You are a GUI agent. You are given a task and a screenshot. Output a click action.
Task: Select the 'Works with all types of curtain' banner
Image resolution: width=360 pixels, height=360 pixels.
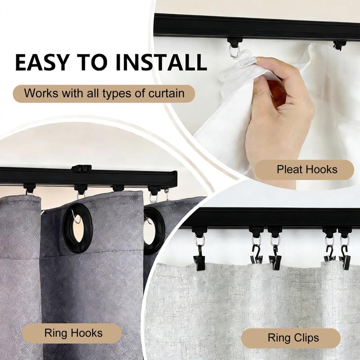(x=104, y=94)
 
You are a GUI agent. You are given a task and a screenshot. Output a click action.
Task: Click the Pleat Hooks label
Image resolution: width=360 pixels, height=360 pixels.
(x=307, y=170)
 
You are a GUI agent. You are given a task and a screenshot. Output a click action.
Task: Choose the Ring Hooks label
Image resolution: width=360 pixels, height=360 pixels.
(x=73, y=333)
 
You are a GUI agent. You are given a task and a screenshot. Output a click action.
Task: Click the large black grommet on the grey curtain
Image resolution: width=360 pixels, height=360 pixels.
(x=77, y=227)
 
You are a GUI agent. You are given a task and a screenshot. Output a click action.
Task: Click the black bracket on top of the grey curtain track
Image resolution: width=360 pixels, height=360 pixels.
(x=81, y=168)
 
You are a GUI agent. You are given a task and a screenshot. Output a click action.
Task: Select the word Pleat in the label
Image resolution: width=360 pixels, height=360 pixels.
(x=289, y=170)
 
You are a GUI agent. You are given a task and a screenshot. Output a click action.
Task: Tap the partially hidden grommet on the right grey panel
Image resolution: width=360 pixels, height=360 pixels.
(x=153, y=229)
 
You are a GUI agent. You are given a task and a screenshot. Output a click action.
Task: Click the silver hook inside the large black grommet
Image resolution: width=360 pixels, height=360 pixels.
(x=77, y=219)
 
